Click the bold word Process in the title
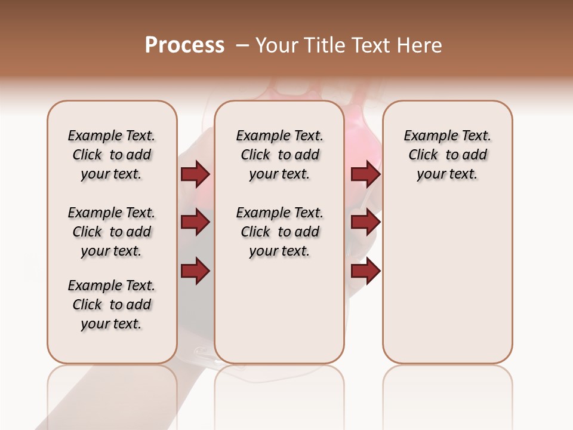pyautogui.click(x=184, y=45)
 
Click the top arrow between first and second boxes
pyautogui.click(x=195, y=174)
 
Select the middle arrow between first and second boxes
pyautogui.click(x=195, y=223)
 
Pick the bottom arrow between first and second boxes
pyautogui.click(x=195, y=271)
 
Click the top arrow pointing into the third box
pyautogui.click(x=365, y=174)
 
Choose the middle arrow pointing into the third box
pyautogui.click(x=365, y=223)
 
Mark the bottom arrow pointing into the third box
pyautogui.click(x=365, y=271)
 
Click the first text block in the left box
pyautogui.click(x=112, y=155)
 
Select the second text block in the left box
pyautogui.click(x=112, y=232)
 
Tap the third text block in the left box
pyautogui.click(x=112, y=305)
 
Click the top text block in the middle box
pyautogui.click(x=279, y=155)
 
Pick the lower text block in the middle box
pyautogui.click(x=279, y=232)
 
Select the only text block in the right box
pyautogui.click(x=447, y=155)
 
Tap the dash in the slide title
pyautogui.click(x=242, y=45)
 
